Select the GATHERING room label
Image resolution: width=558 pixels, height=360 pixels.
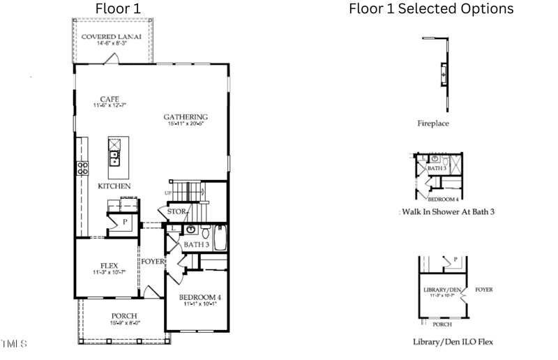(x=186, y=117)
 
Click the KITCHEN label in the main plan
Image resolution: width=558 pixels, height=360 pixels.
(x=114, y=186)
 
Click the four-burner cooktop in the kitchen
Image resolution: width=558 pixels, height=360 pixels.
(x=82, y=167)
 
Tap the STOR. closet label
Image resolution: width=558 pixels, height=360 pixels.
(x=177, y=211)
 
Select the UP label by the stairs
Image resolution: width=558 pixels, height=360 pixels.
(x=167, y=193)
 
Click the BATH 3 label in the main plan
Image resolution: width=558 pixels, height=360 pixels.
(x=197, y=245)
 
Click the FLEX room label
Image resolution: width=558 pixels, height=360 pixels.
(x=109, y=266)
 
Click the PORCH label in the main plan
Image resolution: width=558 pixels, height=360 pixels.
(x=123, y=316)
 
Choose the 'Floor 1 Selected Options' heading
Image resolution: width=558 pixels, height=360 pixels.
(x=431, y=9)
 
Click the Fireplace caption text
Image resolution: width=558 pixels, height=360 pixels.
(x=433, y=123)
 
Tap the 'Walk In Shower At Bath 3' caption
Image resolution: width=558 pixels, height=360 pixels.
(x=446, y=211)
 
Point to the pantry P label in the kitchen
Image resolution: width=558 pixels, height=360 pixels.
(x=124, y=221)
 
